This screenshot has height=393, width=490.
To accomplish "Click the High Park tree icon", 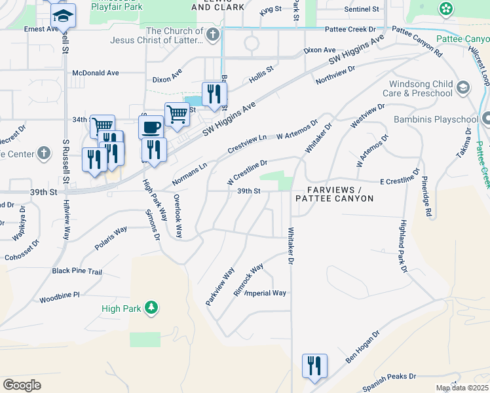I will coord(151,307).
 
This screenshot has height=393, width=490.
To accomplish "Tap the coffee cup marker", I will coord(151,126).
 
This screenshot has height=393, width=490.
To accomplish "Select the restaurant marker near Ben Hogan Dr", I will coord(314,365).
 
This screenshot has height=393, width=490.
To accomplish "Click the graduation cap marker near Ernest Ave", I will coord(64,16).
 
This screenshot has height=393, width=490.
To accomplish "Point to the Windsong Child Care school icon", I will coord(463,88).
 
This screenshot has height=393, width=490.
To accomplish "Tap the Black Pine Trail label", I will coord(77,271).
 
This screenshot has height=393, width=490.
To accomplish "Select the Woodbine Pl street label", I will coord(59,295).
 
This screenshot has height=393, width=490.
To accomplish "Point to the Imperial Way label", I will coord(266,293).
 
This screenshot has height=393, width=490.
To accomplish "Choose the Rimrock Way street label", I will coord(248,280).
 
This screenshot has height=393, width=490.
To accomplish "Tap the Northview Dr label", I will coord(335,74).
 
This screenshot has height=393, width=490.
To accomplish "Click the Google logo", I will coord(22,385).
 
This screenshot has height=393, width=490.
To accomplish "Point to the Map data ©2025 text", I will coord(461,388).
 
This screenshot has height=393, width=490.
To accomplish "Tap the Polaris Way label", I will coord(111,239).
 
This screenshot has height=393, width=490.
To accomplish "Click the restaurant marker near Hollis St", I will coord(213,93).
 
